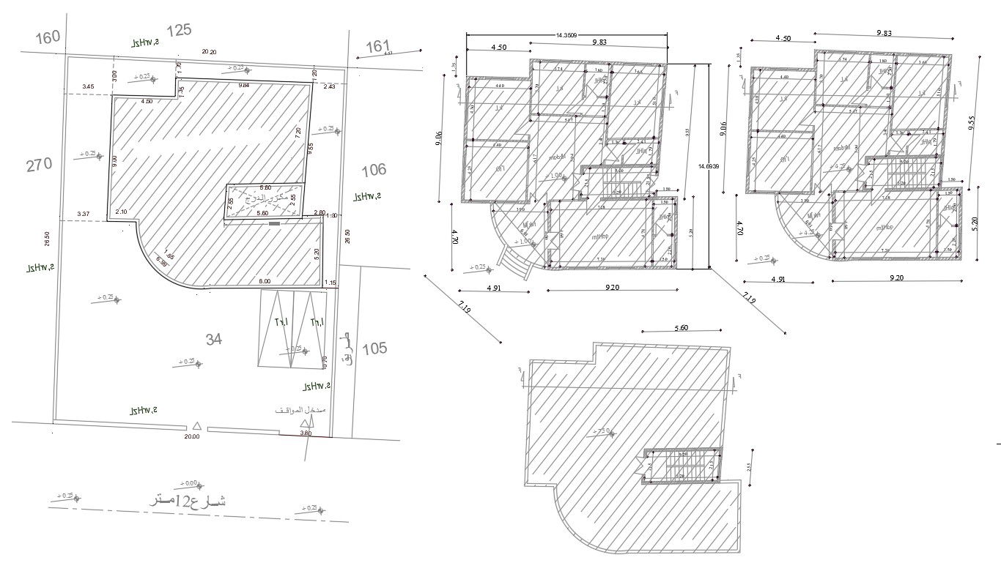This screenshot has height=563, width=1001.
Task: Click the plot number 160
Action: coord(48,37)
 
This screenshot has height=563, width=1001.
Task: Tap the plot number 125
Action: coord(180,31)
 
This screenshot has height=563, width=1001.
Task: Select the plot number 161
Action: coord(378,47)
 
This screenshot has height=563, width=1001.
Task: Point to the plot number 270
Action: coord(39,164)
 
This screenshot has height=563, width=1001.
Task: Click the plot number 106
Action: coord(373,170)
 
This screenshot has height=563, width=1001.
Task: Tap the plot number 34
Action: coord(214,339)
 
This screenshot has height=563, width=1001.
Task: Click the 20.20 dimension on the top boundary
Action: coord(209,52)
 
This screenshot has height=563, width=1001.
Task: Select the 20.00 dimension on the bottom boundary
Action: coord(191,437)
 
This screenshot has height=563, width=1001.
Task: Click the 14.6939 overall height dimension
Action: coord(708,167)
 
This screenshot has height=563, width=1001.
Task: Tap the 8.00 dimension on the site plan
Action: coord(264,281)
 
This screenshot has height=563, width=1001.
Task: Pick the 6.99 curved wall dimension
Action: coord(160,261)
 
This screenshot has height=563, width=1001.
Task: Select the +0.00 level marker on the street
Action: coord(188,483)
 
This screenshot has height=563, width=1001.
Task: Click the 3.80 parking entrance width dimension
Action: coord(306,433)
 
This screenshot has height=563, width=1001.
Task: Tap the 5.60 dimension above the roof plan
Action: coord(682,329)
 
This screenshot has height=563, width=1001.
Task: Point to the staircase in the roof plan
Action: coord(681,466)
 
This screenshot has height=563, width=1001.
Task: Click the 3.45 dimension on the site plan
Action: coord(88,87)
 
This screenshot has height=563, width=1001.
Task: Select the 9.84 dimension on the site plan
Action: coord(243,86)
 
